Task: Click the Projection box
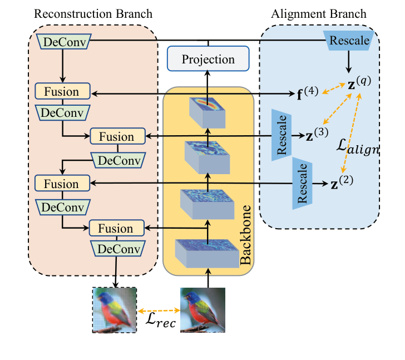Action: click(209, 60)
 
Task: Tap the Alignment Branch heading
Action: click(319, 13)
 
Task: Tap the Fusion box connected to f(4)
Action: click(62, 90)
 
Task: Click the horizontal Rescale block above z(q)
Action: click(348, 40)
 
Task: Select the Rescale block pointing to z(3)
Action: click(281, 136)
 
